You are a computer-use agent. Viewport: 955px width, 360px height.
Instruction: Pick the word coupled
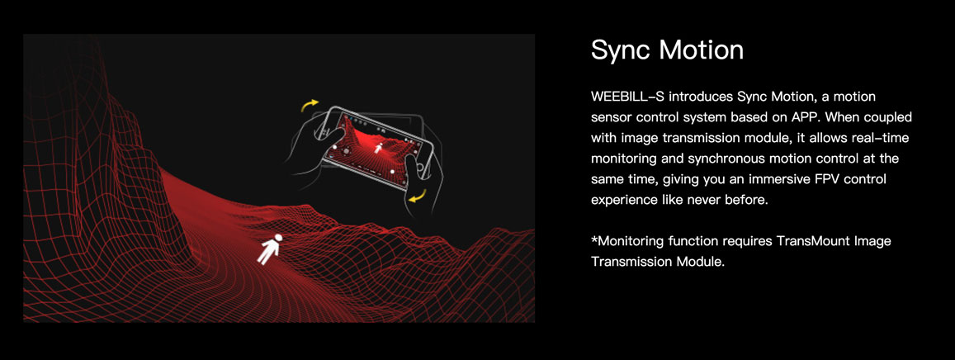890,116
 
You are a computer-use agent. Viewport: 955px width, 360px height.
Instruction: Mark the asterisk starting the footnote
594,238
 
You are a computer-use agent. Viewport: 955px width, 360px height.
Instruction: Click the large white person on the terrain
268,249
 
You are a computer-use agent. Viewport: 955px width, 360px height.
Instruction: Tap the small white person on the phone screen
378,147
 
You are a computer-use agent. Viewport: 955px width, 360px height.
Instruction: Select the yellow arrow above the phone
310,106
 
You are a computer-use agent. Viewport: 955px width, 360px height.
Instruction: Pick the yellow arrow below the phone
417,196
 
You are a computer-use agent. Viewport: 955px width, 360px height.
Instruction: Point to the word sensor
611,117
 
